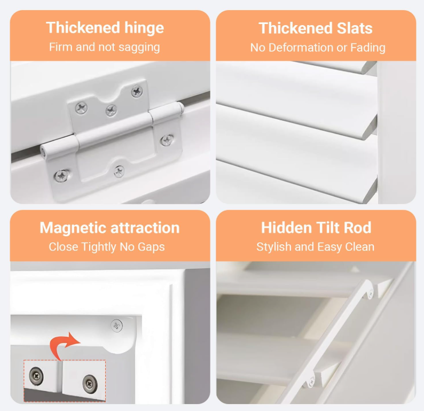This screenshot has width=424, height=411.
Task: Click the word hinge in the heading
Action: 144,28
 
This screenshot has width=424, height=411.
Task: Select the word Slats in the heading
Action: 355,28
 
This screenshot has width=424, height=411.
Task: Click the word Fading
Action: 368,48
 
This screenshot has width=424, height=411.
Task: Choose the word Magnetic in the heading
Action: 74,228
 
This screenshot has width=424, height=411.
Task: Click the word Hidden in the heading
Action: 287,228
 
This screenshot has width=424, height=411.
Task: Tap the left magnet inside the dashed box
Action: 36,375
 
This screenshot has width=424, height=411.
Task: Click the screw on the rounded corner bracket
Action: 117,325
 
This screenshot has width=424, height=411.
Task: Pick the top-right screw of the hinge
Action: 137,92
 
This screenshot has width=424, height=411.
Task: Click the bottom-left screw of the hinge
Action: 62,175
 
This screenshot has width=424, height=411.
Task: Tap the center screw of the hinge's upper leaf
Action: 111,110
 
